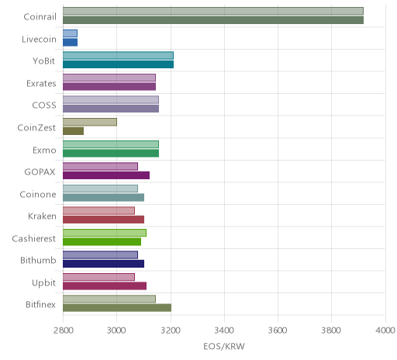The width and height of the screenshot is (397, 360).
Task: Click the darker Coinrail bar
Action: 213,20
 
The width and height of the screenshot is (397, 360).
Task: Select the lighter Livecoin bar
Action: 70,33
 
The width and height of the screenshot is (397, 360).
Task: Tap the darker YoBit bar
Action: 119,64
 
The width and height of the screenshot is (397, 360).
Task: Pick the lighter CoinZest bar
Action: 90,122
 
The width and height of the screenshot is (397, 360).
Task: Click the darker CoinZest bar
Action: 74,131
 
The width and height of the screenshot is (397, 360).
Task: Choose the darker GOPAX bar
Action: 106,175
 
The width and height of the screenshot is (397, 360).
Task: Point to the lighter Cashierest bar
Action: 105,233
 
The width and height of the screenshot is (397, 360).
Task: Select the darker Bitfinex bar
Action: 117,308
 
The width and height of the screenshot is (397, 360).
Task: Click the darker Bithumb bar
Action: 104,264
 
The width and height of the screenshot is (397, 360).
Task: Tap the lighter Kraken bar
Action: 99,211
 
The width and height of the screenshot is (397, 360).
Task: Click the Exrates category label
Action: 41,84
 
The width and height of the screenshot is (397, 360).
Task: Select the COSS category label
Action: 44,106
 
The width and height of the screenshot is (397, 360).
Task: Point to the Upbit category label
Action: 43,283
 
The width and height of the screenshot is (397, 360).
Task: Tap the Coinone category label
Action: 38,194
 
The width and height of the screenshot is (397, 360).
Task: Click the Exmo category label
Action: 44,150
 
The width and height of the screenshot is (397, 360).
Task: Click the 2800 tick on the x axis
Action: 63,331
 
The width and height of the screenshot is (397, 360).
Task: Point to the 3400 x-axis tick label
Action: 224,331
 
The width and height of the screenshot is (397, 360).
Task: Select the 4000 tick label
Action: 385,331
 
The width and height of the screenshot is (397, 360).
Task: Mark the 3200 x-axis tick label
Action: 171,331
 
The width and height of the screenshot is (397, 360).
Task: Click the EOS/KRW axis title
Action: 224,347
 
